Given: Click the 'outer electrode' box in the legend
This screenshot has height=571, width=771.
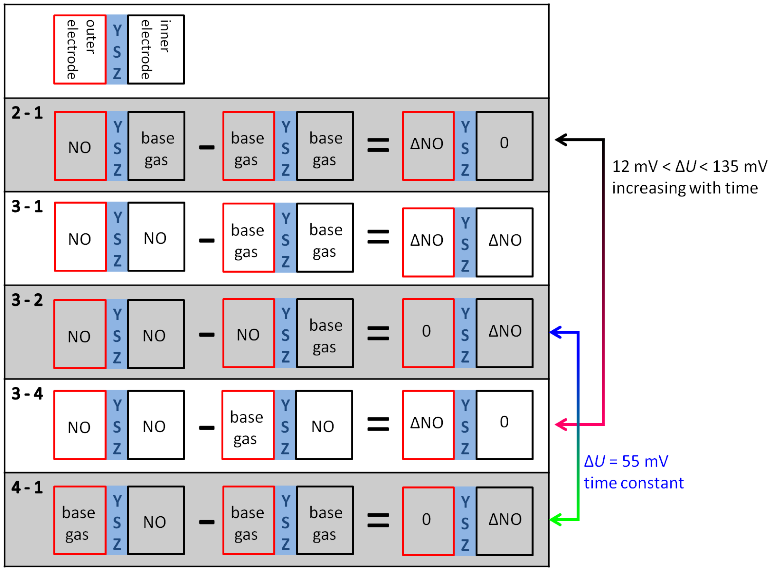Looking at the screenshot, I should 80,49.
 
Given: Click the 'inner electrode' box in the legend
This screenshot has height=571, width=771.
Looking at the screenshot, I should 156,49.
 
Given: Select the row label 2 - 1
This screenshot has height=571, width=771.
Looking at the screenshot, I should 27,113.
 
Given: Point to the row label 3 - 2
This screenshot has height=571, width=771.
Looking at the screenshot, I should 27,300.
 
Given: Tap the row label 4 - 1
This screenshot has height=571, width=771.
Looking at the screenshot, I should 27,488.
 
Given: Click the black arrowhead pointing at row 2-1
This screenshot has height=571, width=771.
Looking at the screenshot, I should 561,140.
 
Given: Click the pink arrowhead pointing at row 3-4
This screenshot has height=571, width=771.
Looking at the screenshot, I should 561,424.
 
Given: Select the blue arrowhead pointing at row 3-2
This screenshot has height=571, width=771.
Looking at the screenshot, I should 555,333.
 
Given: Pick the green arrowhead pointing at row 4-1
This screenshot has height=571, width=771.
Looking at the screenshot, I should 555,520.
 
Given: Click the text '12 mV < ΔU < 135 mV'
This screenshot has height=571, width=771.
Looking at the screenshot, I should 689,167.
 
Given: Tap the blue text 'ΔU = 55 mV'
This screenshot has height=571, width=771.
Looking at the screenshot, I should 626,461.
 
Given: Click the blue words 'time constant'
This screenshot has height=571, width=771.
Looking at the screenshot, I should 634,483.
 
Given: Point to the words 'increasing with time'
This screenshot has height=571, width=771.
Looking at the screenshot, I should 685,188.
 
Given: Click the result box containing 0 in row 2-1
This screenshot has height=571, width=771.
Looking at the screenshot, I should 504,146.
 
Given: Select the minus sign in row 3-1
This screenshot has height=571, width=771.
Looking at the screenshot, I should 207,241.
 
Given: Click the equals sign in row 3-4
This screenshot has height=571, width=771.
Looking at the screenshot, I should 378,424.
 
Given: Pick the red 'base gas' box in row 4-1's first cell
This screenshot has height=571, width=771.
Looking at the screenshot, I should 80,521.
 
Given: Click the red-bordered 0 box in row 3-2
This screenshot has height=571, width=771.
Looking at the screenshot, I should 428,333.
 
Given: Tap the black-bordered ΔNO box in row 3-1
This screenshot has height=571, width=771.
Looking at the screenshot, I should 504,242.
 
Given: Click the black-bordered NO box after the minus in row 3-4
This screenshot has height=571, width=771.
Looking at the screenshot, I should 324,425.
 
